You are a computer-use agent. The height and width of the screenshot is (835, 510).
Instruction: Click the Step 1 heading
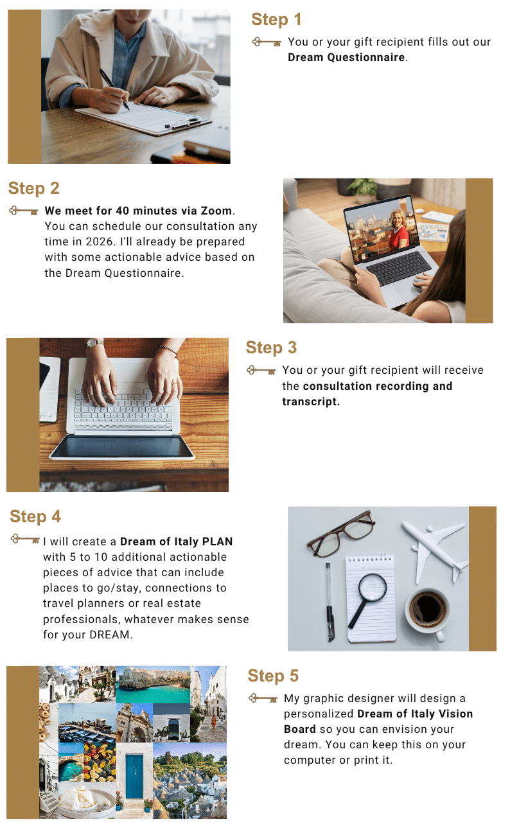pos(276,19)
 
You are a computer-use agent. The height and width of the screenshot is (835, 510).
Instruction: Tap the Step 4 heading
pos(35,516)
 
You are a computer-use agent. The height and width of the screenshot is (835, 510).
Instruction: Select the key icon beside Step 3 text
pos(261,371)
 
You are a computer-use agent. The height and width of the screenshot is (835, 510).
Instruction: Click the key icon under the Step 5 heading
pos(263,698)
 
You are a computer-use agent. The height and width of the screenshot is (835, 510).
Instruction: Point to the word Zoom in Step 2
pos(216,211)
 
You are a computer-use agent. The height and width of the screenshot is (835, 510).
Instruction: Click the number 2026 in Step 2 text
pos(100,242)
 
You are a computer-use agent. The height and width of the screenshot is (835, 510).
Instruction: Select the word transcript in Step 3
pos(310,401)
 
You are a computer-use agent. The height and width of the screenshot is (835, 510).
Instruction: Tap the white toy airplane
pos(435,550)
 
